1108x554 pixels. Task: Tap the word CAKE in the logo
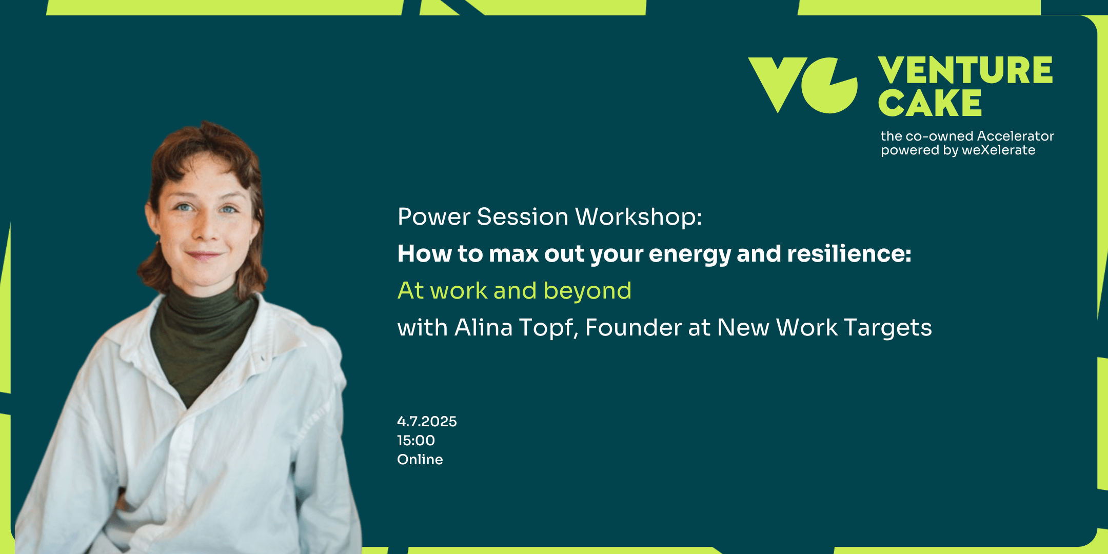click(x=930, y=103)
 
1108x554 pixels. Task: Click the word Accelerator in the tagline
click(x=1016, y=136)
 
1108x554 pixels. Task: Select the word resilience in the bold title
click(x=845, y=253)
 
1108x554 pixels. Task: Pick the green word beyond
click(x=587, y=291)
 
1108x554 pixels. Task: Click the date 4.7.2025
click(x=427, y=422)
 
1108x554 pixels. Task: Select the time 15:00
click(x=416, y=441)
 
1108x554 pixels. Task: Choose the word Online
click(x=420, y=459)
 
